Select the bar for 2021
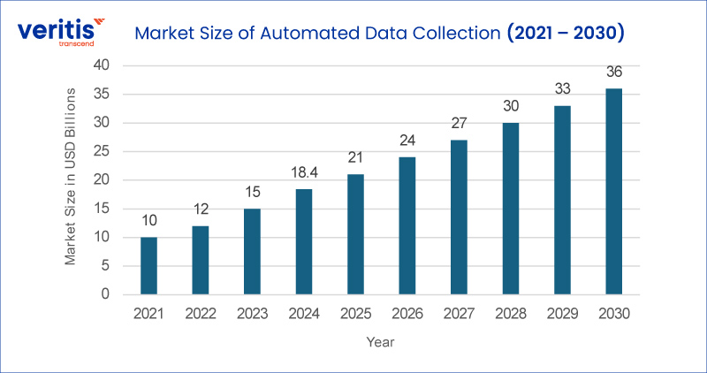[148, 265]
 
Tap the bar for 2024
[303, 241]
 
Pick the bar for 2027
[459, 217]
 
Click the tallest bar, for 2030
[613, 191]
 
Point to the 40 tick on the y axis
[102, 65]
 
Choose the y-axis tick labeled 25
[102, 151]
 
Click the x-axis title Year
[381, 342]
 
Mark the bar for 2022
[200, 260]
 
